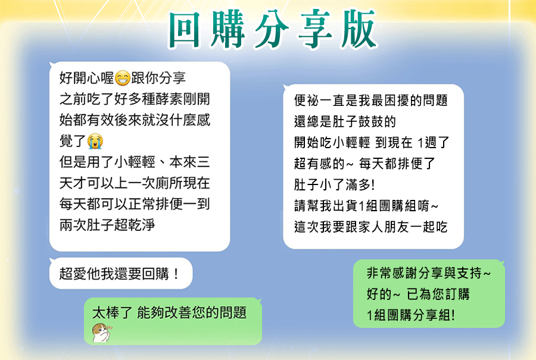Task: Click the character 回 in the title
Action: coord(185,30)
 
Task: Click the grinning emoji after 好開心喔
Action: coord(122,78)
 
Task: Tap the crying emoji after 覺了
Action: coord(95,140)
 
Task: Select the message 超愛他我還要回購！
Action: coord(119,274)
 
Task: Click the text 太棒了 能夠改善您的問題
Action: coord(169,312)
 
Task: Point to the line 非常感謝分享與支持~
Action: coord(429,273)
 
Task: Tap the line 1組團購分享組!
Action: coord(410,315)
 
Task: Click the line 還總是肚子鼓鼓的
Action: coord(345,121)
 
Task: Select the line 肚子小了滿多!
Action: coord(334,184)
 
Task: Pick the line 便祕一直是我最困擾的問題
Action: coord(371,100)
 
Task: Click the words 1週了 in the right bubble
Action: coord(433,142)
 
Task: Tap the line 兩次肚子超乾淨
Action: coord(107,225)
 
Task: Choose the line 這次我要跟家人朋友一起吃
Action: coord(371,227)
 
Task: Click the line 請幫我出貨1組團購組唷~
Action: coord(366,206)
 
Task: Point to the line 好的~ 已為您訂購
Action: coord(418,294)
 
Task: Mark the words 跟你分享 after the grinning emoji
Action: coord(158,78)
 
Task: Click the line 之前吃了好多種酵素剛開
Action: coord(135,99)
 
